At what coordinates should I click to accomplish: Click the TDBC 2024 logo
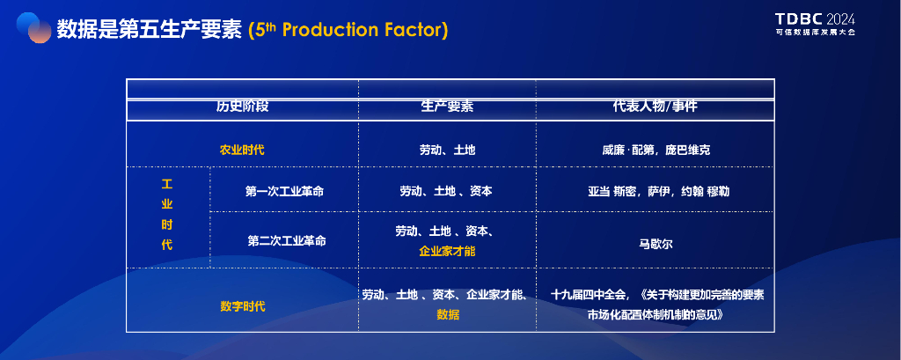pos(815,24)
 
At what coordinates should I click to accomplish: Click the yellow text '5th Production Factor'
pos(348,30)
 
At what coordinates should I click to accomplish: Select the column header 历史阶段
pos(243,107)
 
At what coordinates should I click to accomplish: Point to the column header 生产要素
pos(447,107)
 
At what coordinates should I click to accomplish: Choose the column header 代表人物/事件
pos(655,107)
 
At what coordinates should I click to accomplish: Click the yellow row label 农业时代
pos(243,151)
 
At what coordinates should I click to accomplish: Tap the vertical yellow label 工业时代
pos(166,215)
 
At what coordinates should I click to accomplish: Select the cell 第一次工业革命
pos(284,191)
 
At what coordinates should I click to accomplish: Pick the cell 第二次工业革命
pos(287,241)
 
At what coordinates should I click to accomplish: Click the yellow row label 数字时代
pos(243,306)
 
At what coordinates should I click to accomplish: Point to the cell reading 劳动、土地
pos(447,151)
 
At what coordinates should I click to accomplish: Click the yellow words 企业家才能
pos(447,252)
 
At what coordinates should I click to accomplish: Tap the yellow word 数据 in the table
pos(448,314)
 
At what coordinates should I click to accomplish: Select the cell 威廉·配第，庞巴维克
pos(656,151)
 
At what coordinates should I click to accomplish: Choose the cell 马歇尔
pos(656,244)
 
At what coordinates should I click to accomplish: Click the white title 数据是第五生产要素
pos(150,30)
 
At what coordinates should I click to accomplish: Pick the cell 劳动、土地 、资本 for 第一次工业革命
pos(446,191)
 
